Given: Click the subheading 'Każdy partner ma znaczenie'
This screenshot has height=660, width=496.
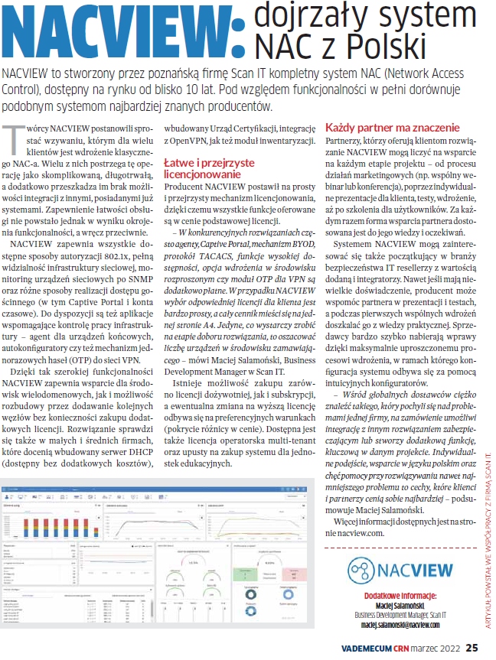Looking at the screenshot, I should [x=392, y=127].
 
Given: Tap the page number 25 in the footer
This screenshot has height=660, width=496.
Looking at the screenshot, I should [x=472, y=648].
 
